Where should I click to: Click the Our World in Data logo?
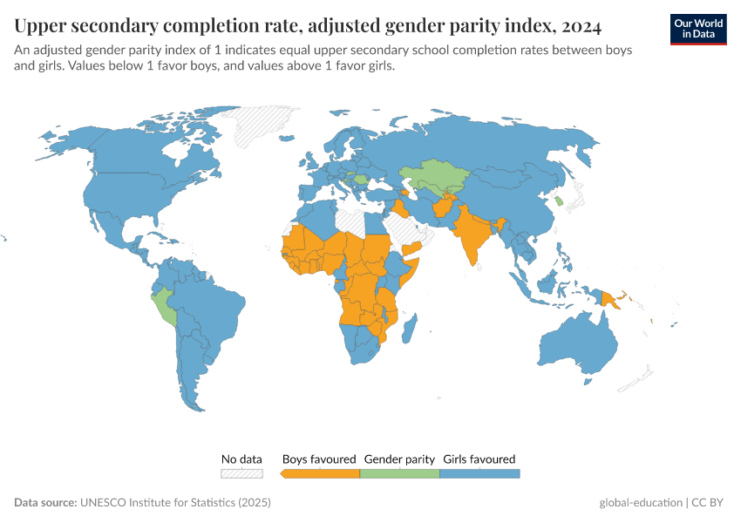(x=697, y=28)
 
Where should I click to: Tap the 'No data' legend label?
(x=241, y=458)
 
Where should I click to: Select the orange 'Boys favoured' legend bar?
(x=320, y=473)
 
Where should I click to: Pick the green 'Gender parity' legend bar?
(x=399, y=473)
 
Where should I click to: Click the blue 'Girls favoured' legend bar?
(x=479, y=473)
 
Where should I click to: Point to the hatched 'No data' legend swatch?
(x=241, y=473)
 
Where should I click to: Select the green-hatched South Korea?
(x=559, y=201)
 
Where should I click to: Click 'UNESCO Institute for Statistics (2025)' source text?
(x=175, y=503)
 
